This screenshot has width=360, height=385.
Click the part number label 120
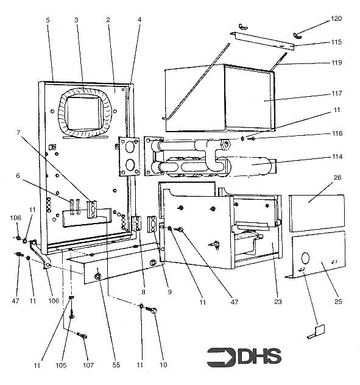tap(337, 19)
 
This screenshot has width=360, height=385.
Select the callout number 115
tap(337, 43)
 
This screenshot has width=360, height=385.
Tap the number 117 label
tap(337, 93)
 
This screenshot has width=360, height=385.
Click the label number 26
tap(337, 178)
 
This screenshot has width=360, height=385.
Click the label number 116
tap(337, 133)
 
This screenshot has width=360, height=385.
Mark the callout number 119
tap(337, 63)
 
